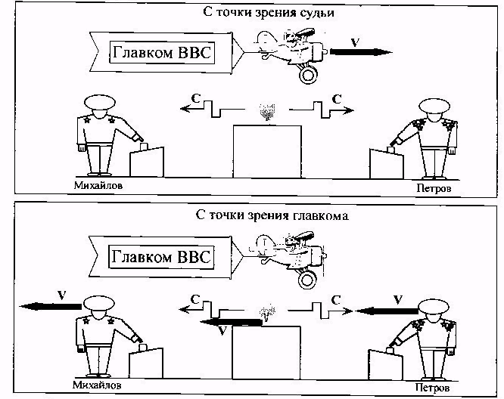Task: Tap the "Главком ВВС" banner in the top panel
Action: click(x=160, y=52)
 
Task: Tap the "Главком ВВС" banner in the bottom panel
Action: click(x=160, y=256)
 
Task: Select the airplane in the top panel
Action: click(x=291, y=53)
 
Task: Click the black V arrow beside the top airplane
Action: click(x=362, y=52)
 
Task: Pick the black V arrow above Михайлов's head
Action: click(x=50, y=305)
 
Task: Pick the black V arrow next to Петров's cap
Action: click(x=386, y=310)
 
